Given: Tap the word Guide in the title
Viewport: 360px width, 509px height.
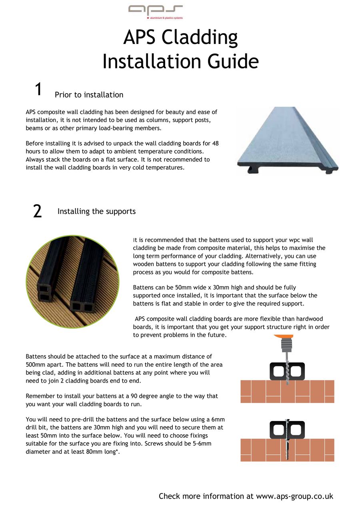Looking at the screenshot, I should click(x=233, y=62).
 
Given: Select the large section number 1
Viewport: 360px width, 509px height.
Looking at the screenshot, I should click(x=38, y=90).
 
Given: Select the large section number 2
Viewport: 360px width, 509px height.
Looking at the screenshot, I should click(x=37, y=212).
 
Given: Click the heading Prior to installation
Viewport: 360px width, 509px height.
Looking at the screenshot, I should click(x=89, y=95).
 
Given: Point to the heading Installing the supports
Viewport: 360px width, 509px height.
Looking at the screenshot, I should click(x=96, y=212).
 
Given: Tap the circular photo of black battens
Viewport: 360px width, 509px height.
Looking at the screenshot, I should click(x=72, y=281).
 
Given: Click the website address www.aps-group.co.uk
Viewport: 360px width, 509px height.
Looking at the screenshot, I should click(x=294, y=496).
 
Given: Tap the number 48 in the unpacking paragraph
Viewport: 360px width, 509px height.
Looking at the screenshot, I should click(x=214, y=143).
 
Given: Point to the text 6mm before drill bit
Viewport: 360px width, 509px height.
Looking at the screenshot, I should click(x=218, y=419).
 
